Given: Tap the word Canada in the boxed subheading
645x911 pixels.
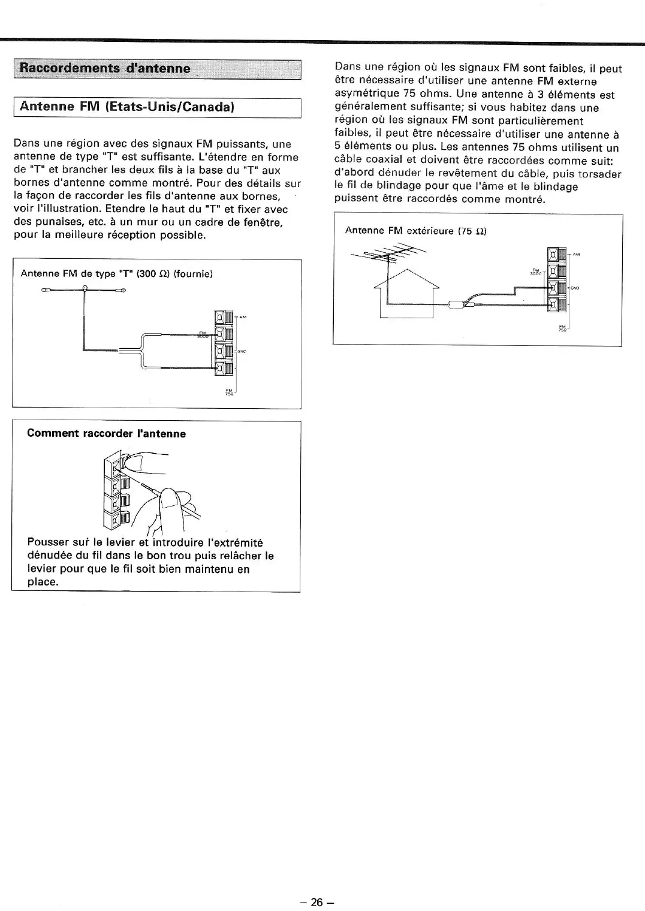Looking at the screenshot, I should point(206,107).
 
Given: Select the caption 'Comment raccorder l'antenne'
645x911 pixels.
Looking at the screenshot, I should point(107,433).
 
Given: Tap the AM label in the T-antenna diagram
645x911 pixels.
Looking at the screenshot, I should point(243,316).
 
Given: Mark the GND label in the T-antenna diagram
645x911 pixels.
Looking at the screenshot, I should point(242,351).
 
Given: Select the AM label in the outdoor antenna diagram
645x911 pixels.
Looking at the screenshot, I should point(576,254).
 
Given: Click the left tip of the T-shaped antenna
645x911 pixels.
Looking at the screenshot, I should point(45,291).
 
